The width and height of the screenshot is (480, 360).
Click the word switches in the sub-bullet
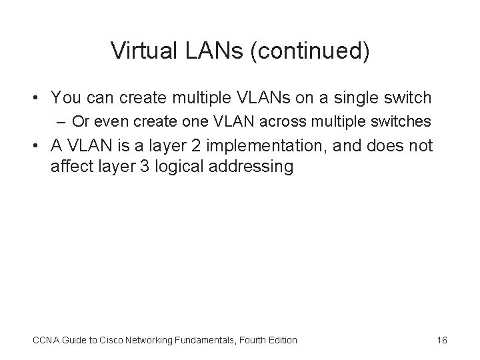[x=404, y=122]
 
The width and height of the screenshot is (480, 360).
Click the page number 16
[x=442, y=340]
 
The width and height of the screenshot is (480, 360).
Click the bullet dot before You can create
[x=39, y=99]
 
